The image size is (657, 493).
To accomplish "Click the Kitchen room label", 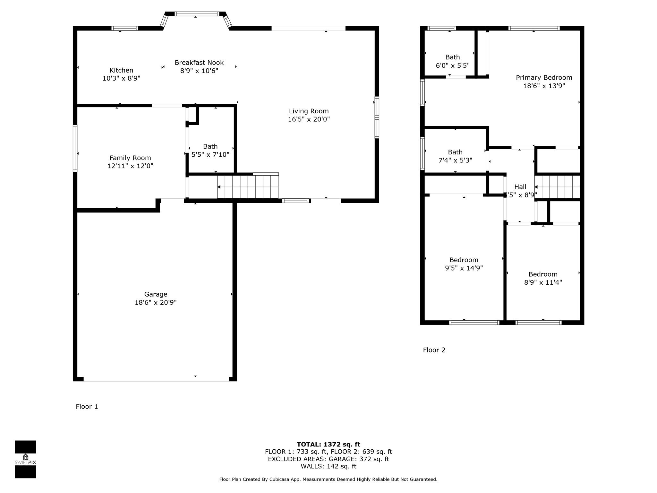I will [x=121, y=70].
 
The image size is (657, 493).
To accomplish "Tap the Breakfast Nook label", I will [x=199, y=63].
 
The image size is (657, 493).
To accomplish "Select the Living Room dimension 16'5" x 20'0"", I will [x=309, y=119].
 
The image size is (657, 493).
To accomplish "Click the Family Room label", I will [x=130, y=158].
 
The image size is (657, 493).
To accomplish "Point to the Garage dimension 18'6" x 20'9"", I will [x=156, y=302].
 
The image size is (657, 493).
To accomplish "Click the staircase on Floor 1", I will [x=248, y=187].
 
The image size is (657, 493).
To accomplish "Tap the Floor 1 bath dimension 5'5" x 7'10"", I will [x=210, y=155].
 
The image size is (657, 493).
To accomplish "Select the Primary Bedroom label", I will [x=544, y=78].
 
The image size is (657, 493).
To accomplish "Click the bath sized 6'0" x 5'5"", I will [x=452, y=61].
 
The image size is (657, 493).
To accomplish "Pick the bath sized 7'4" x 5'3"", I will [x=455, y=156].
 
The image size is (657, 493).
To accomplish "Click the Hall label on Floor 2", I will [x=520, y=187].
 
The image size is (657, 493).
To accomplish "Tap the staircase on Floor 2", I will [x=558, y=187].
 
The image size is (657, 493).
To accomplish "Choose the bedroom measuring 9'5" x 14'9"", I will [x=464, y=264].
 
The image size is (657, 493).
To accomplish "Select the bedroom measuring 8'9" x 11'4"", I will [x=543, y=278].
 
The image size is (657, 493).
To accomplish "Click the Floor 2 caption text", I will [x=434, y=350].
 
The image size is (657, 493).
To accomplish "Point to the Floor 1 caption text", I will [x=87, y=406].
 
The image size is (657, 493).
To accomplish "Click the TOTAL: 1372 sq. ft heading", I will [x=328, y=444].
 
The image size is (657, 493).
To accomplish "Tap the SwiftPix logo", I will [x=25, y=459].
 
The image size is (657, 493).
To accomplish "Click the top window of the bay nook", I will [x=197, y=14].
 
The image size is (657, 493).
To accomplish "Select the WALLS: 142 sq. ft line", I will [x=328, y=466].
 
